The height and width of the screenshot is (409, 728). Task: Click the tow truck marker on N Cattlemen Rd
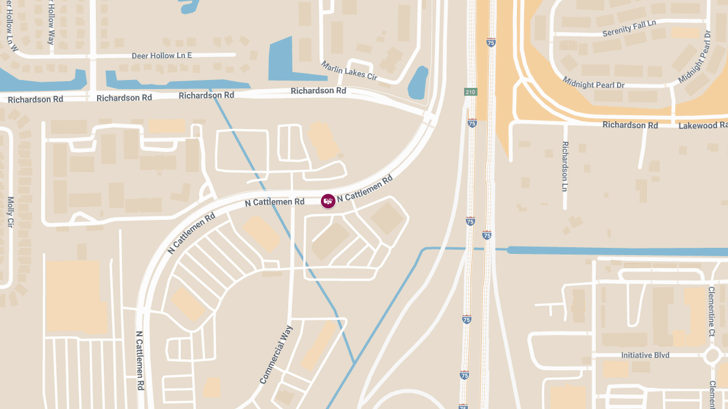click(328, 201)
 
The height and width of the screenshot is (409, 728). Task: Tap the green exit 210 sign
click(470, 92)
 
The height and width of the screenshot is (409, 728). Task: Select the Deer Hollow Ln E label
click(161, 56)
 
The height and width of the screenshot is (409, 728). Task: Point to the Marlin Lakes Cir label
click(349, 71)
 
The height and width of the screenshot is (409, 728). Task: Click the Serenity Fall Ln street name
click(629, 28)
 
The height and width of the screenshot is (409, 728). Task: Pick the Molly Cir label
click(10, 211)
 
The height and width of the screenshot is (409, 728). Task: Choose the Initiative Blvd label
click(645, 355)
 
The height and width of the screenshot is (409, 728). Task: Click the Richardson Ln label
click(565, 167)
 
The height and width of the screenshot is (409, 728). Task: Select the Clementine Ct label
click(712, 311)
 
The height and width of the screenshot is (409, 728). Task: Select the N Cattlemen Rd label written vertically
click(140, 360)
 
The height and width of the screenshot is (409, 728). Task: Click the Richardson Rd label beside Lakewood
click(630, 125)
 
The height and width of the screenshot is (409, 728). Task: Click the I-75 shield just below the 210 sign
click(472, 123)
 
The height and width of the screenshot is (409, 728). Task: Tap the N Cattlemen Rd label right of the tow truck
click(365, 188)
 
